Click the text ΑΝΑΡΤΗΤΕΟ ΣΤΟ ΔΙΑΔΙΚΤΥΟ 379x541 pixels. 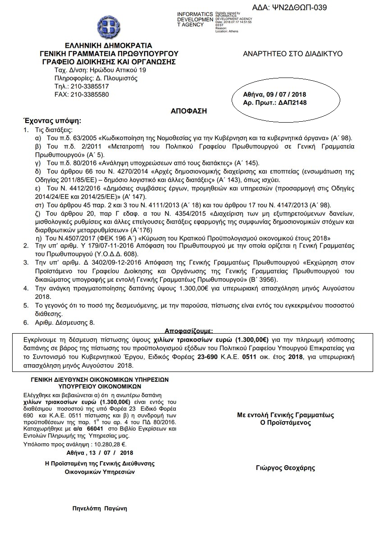292,54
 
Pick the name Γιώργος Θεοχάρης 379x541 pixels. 285,468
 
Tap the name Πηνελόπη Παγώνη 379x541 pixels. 100,508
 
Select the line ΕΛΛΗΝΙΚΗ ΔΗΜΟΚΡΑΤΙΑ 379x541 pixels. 108,46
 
